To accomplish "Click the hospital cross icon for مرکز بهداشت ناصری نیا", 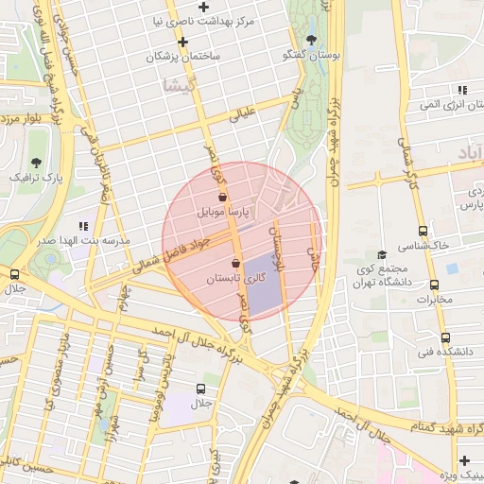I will tap(203, 7).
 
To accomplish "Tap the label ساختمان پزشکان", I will tap(183, 57).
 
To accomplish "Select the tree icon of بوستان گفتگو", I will tap(311, 40).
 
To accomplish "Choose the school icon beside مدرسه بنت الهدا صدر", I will tap(83, 226).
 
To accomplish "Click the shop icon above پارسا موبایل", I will tap(222, 199).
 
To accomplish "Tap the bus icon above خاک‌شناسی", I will tap(422, 230).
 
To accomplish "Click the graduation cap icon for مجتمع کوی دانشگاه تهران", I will tap(382, 254).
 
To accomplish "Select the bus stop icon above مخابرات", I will tap(434, 285).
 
